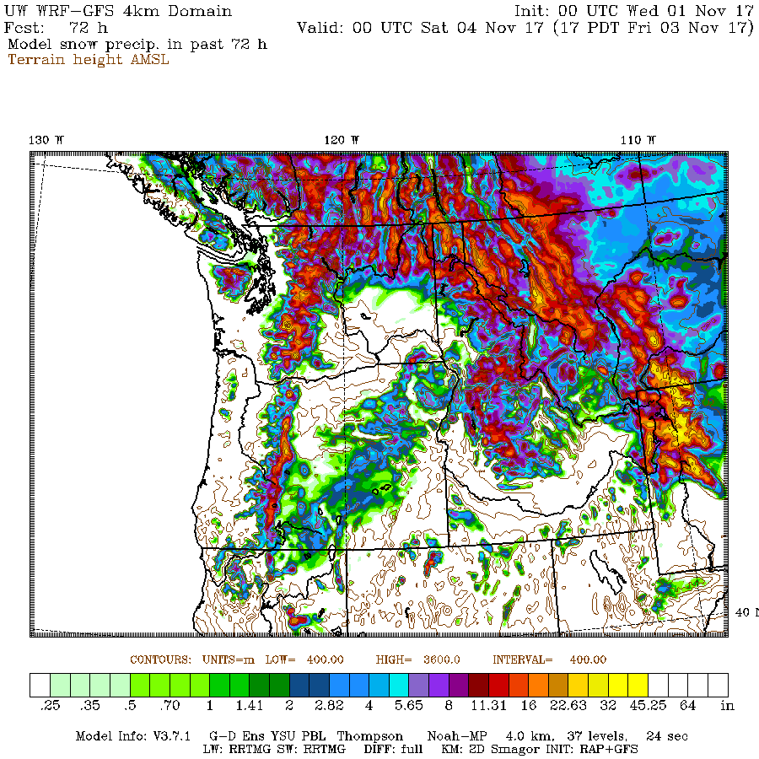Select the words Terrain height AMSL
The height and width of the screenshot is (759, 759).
coord(89,60)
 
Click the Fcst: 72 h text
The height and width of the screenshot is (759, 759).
coord(57,28)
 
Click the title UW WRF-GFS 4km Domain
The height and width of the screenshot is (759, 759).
coord(119,11)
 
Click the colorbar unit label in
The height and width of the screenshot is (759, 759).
coord(728,705)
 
